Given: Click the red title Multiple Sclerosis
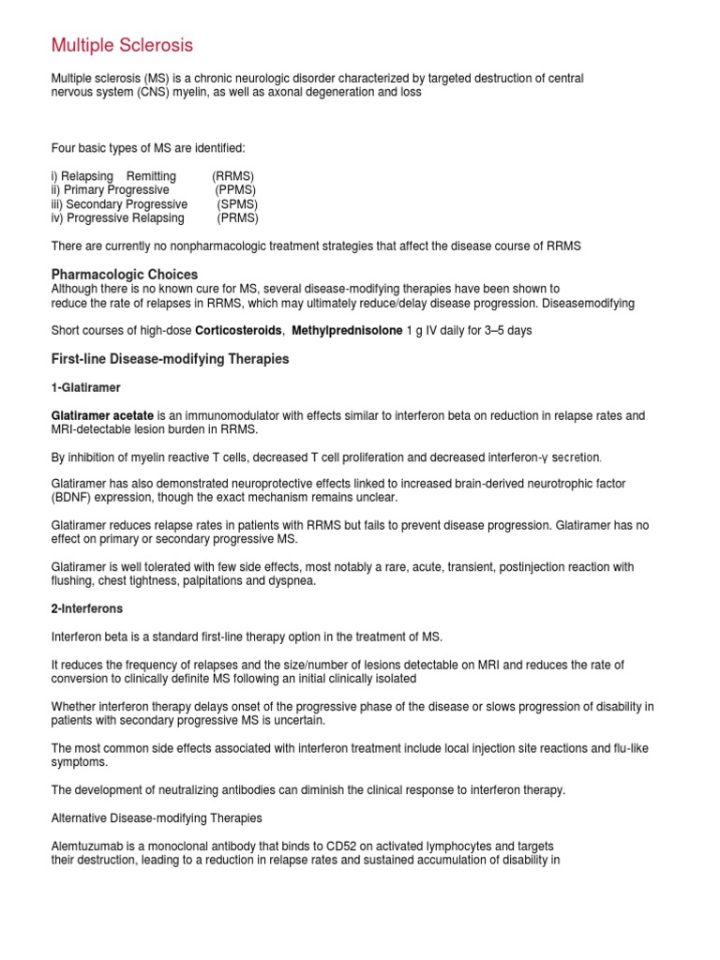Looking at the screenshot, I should [122, 45].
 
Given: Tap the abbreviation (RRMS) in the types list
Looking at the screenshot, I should [232, 176].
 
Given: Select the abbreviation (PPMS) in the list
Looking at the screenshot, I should [235, 190].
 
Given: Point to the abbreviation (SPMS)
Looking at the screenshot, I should [237, 204].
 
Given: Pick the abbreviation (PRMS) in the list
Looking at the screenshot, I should [237, 218].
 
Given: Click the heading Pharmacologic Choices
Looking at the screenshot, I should [124, 275].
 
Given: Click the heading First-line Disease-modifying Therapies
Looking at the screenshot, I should [170, 359].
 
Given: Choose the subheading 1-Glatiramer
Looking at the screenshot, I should [86, 387].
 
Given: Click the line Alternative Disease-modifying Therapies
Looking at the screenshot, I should [157, 818].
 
